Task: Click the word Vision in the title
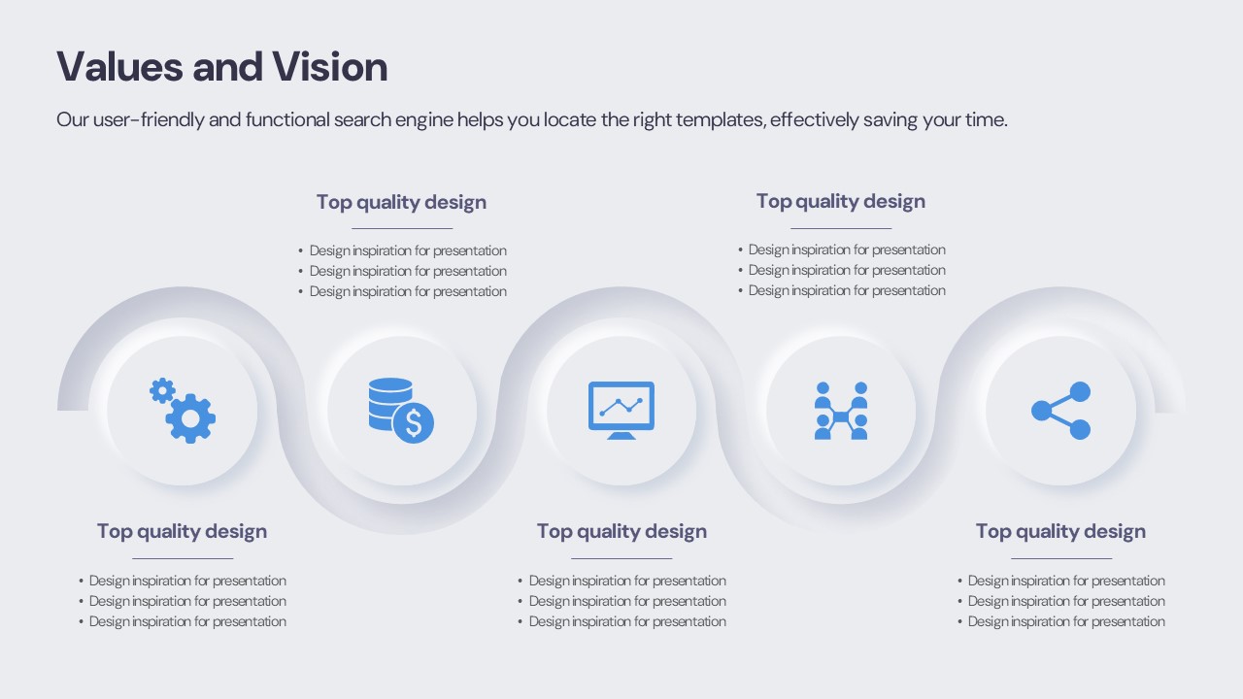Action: point(329,67)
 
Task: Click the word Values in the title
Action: point(119,67)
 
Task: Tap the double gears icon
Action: point(183,411)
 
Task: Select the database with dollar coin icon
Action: point(401,411)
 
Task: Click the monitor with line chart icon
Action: point(621,411)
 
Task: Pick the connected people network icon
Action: point(841,411)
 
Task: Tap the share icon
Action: point(1061,411)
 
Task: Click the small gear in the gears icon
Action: point(162,391)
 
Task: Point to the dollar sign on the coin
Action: point(414,423)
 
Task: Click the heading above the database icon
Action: point(401,203)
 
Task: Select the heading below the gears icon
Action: point(182,531)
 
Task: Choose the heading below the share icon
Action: point(1061,531)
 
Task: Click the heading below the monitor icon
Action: point(621,531)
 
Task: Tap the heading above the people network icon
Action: point(841,201)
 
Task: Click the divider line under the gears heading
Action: point(183,558)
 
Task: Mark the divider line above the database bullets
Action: point(402,228)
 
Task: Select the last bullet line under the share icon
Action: point(1061,622)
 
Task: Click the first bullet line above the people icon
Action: point(841,250)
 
